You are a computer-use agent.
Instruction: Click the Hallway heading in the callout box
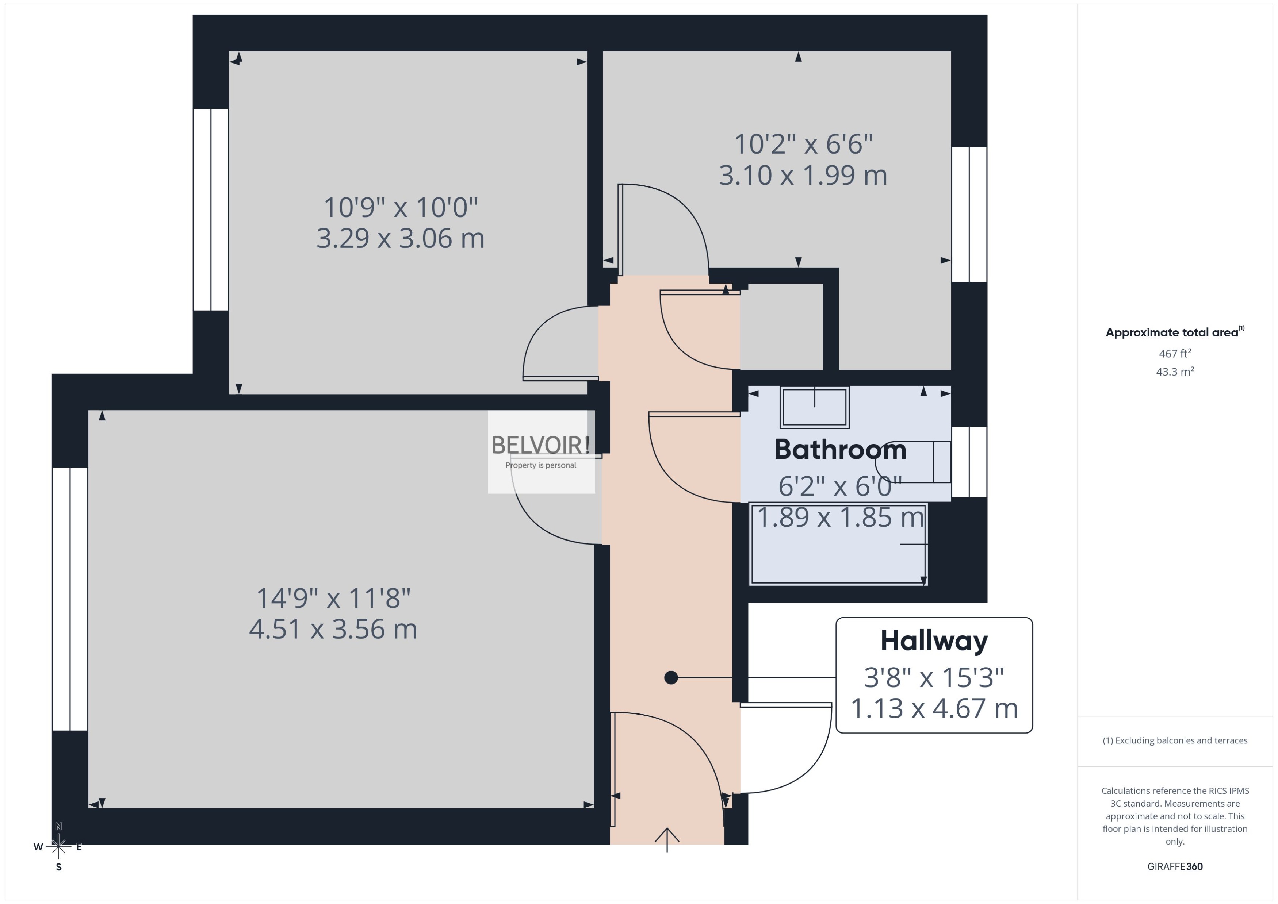click(934, 641)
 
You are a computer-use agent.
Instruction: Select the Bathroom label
click(840, 450)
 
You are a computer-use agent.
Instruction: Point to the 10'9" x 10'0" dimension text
click(401, 208)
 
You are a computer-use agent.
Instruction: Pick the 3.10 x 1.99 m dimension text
click(803, 175)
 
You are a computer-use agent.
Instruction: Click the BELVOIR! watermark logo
click(540, 445)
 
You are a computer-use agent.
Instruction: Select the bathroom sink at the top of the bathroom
click(814, 407)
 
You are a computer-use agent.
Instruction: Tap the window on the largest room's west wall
click(70, 599)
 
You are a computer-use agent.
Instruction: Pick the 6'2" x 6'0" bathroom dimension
click(840, 486)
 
